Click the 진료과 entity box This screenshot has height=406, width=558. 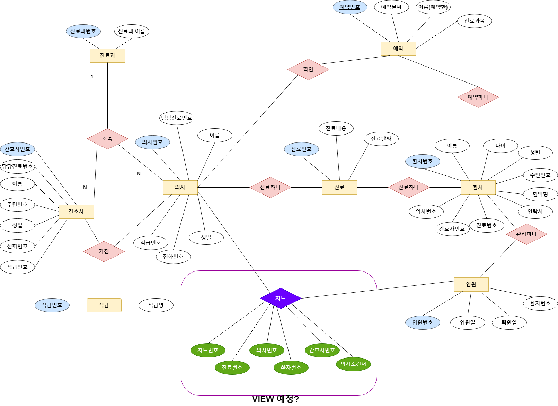click(107, 55)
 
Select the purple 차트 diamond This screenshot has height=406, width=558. click(281, 298)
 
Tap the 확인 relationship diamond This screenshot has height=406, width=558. click(308, 69)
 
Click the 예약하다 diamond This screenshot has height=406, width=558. click(478, 97)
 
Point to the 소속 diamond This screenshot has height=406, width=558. click(107, 139)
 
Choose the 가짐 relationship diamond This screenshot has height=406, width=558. click(104, 251)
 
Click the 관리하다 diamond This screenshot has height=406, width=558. click(526, 234)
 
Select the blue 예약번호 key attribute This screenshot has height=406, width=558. click(350, 7)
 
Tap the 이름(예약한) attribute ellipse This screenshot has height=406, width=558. click(433, 7)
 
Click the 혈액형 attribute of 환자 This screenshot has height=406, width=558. click(540, 194)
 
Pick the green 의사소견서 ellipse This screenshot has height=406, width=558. click(353, 364)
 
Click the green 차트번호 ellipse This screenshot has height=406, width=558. click(208, 350)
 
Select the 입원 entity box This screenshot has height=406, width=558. click(471, 284)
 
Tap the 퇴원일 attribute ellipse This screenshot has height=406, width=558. click(509, 322)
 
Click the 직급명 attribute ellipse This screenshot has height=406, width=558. click(156, 305)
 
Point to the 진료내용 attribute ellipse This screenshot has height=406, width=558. click(336, 128)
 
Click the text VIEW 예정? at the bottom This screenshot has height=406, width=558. click(275, 399)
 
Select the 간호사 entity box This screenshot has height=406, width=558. click(76, 211)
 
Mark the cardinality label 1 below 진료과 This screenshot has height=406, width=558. click(92, 77)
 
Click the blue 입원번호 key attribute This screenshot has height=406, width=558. click(423, 322)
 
